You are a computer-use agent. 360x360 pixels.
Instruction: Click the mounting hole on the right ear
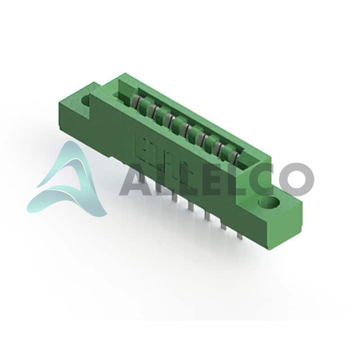tap(269, 203)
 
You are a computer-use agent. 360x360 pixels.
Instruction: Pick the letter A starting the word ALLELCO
tap(136, 179)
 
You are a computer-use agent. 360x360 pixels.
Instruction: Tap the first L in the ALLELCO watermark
tap(161, 179)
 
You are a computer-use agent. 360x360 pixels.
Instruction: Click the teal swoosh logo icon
tap(67, 179)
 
